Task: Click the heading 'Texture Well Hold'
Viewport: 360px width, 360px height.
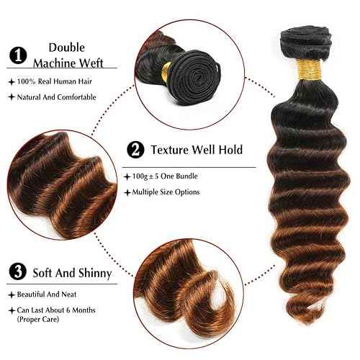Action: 196,150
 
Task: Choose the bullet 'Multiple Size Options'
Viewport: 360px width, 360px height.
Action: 165,192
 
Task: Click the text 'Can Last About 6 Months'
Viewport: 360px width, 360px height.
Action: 63,310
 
